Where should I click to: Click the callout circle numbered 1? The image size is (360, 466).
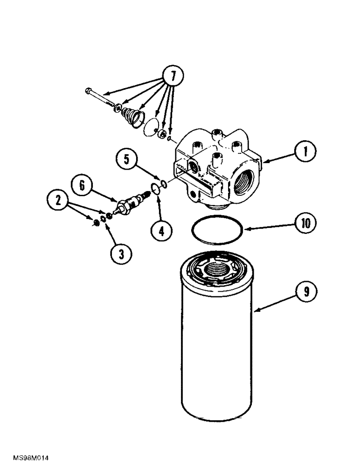pos(305,152)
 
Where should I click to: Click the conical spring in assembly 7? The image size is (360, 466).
pos(133,115)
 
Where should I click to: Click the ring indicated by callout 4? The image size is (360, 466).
pos(152,188)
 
